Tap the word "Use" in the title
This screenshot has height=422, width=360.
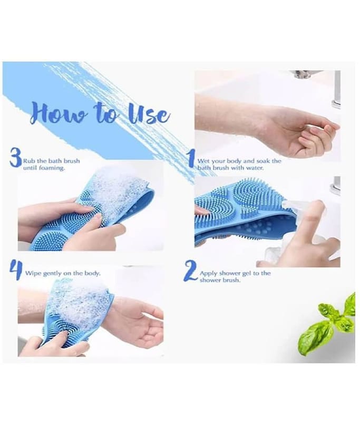[x=150, y=114]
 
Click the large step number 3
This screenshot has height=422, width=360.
[x=15, y=157]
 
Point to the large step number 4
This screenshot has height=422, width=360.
[x=16, y=269]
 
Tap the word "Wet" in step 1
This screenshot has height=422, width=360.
[x=203, y=161]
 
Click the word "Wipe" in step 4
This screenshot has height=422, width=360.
[x=33, y=273]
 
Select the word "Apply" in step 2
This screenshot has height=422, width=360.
[x=208, y=274]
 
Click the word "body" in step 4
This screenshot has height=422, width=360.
[x=92, y=273]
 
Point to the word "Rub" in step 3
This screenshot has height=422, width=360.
[x=28, y=161]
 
